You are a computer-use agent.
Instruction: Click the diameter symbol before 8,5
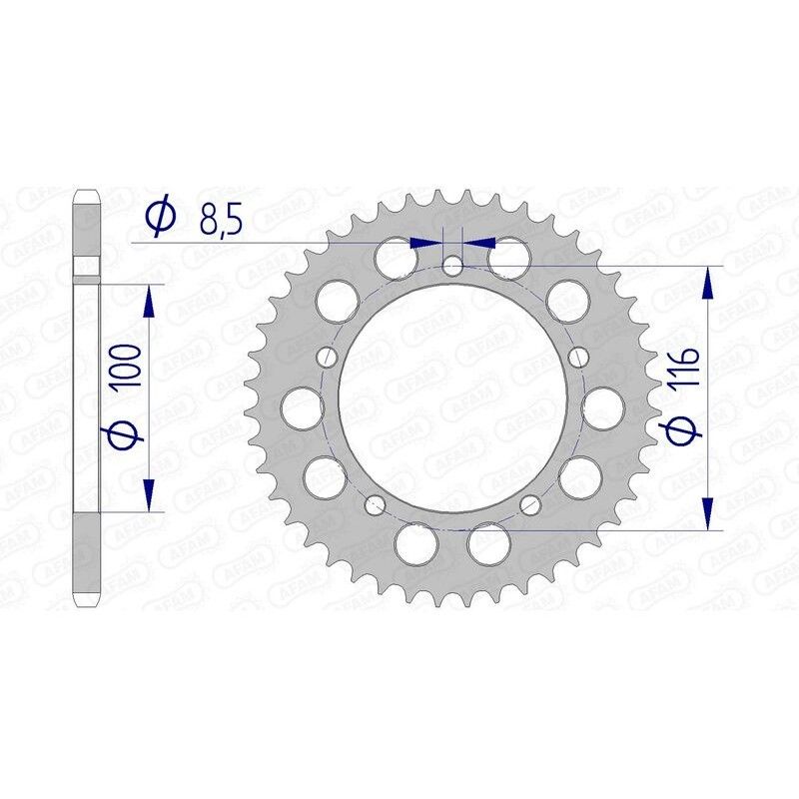pyautogui.click(x=161, y=217)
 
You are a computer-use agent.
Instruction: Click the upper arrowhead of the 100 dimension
pyautogui.click(x=149, y=301)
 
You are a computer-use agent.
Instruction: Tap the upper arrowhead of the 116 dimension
pyautogui.click(x=709, y=284)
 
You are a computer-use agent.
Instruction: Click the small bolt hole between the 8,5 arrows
pyautogui.click(x=453, y=265)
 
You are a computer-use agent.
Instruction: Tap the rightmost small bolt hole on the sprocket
pyautogui.click(x=577, y=357)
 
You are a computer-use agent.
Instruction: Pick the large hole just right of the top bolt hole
pyautogui.click(x=510, y=258)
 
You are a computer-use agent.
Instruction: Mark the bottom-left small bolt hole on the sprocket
pyautogui.click(x=376, y=503)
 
